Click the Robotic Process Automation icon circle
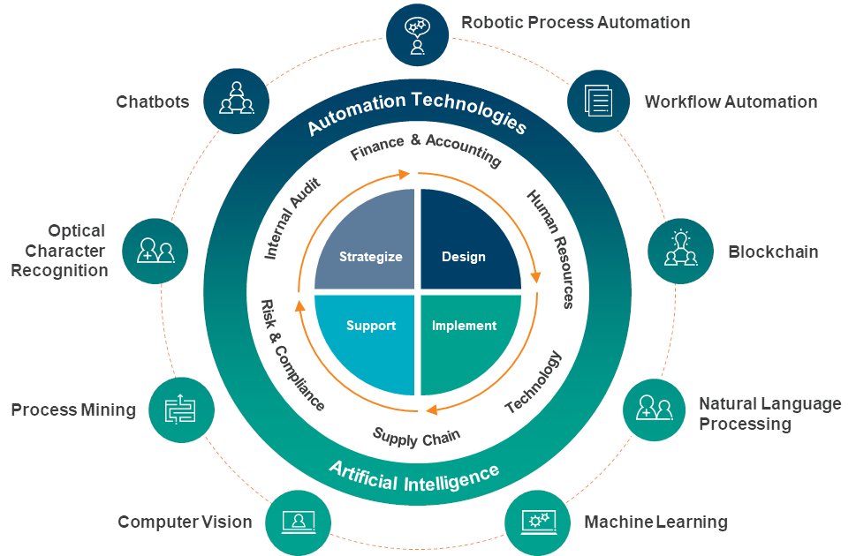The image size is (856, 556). click(x=417, y=35)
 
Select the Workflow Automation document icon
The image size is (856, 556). click(x=598, y=101)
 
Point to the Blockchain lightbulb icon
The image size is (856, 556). click(x=680, y=250)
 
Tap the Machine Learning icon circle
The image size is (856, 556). click(x=536, y=522)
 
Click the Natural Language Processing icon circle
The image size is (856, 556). click(x=655, y=409)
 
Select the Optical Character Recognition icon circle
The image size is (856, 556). click(x=154, y=251)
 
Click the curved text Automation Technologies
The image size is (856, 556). click(x=416, y=114)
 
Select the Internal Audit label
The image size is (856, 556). click(x=292, y=217)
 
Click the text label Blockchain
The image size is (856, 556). click(x=773, y=252)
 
